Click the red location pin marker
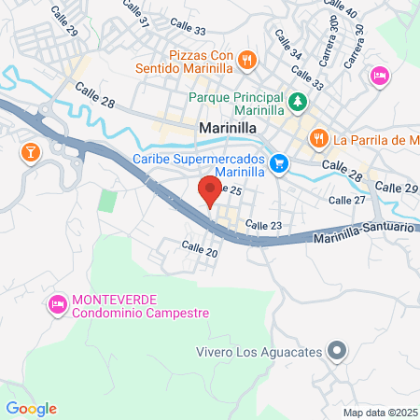click(x=210, y=191)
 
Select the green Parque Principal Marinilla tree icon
click(x=297, y=99)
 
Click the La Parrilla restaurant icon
click(x=318, y=138)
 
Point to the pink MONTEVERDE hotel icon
click(x=57, y=304)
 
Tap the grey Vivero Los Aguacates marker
click(x=338, y=352)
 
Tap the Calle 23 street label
click(x=263, y=225)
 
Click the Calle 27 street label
click(x=347, y=200)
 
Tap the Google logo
click(x=31, y=408)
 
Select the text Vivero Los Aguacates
click(x=259, y=352)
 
